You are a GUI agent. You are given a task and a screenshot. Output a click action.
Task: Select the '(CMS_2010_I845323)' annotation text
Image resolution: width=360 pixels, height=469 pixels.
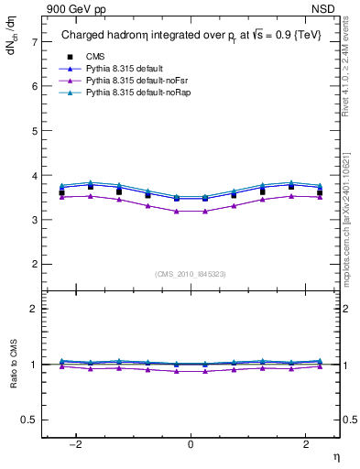[190, 273]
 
